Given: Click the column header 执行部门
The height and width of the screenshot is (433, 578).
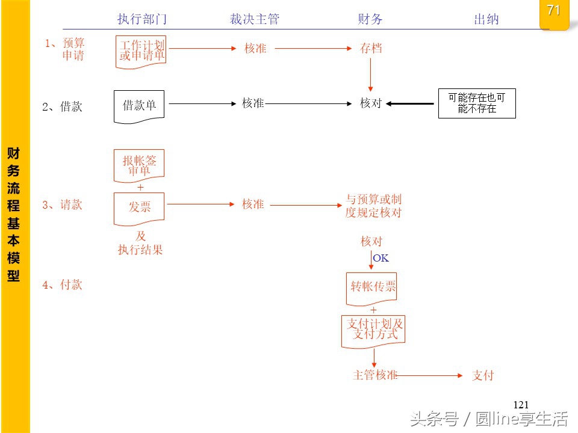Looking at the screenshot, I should pos(141,19).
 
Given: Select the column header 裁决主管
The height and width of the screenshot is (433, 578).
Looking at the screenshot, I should pos(255,19).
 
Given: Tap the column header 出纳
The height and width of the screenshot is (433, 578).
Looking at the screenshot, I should pos(486,19).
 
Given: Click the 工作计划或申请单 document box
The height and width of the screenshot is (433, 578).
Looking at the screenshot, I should pos(142,51).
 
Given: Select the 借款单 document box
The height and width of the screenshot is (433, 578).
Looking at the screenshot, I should pos(140,106).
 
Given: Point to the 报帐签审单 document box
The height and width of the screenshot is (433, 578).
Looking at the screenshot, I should pos(139,165).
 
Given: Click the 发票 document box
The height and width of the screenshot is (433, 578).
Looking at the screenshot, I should pos(140,207).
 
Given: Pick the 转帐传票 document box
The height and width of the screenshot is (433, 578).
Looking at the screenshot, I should pos(373,287).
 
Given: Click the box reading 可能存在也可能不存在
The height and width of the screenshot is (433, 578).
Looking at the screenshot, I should pos(477,103).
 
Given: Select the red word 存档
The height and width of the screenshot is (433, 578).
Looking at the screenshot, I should pos(371,49).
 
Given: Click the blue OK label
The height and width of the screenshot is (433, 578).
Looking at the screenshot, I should pos(381,259).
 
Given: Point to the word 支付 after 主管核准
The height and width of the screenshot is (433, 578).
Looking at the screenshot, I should pos(483,375).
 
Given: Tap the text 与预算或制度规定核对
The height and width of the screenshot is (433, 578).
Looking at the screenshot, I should pos(373,206).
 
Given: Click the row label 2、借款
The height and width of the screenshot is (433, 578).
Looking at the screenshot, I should pos(63,107).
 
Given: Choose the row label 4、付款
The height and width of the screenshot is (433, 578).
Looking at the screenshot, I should pos(63,285).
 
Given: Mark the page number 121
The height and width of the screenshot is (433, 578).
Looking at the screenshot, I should pos(521,405).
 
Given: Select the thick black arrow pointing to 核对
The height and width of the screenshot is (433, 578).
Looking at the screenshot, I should pos(411,104).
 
